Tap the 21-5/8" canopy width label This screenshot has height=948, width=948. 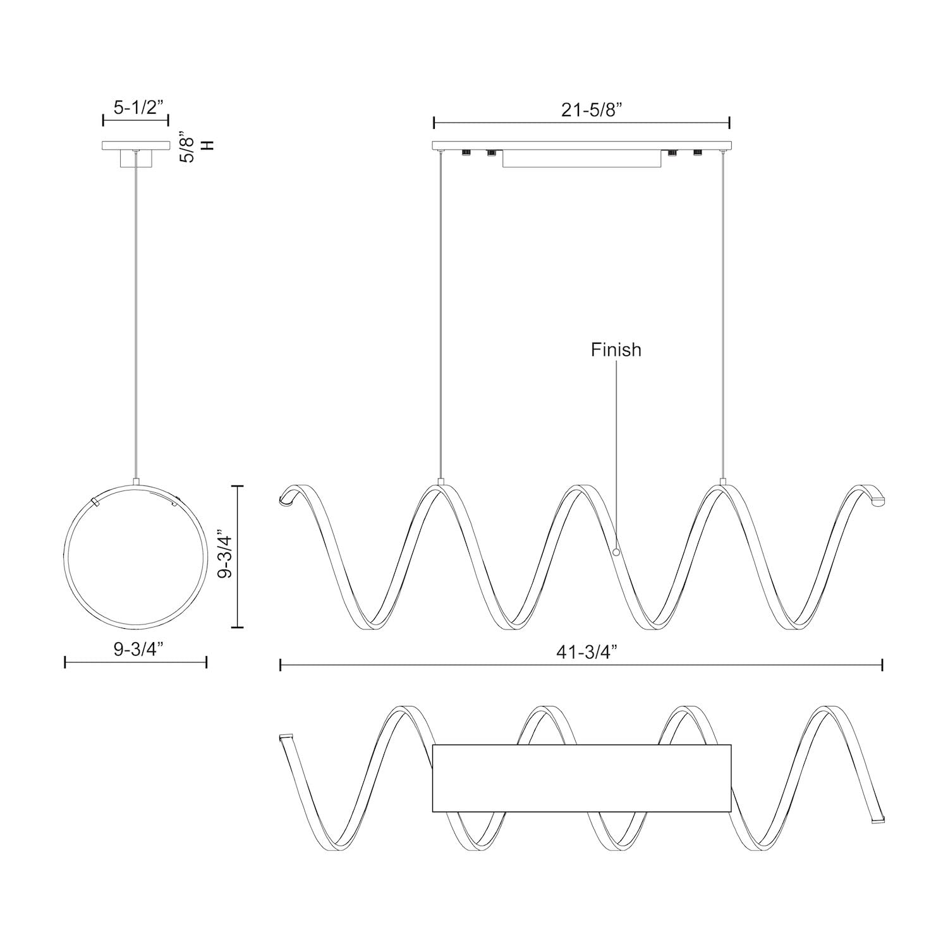coord(592,110)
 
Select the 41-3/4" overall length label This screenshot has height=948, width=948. coord(586,653)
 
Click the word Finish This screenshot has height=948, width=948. coord(616,349)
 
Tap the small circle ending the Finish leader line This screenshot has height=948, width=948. coord(616,552)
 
